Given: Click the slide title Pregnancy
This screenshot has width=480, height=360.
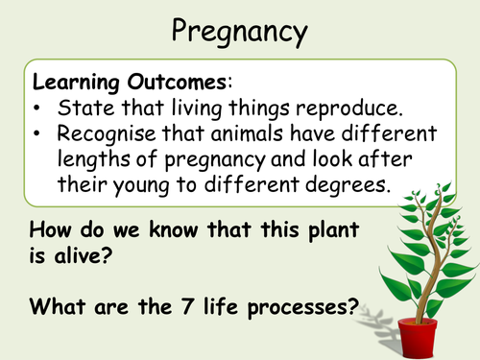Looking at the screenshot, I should [x=240, y=31].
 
